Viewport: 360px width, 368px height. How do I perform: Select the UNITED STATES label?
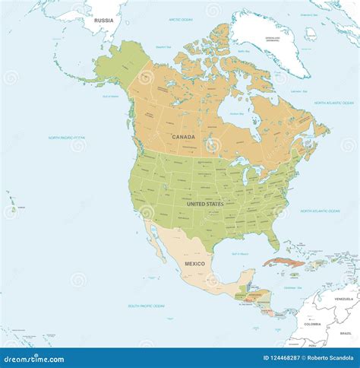205,204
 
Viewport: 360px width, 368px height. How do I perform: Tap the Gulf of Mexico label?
240,254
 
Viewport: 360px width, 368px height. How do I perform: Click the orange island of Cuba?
283,262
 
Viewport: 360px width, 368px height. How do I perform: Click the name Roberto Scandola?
329,357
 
